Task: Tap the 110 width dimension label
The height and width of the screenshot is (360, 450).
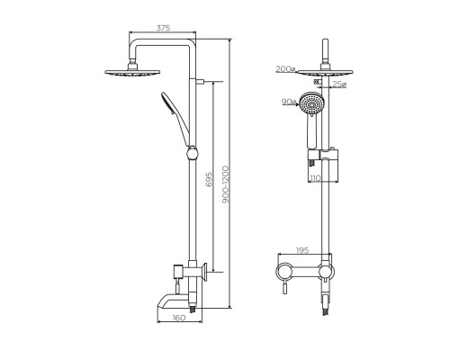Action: tap(316, 179)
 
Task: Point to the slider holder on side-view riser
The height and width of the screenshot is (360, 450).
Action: tap(191, 151)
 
